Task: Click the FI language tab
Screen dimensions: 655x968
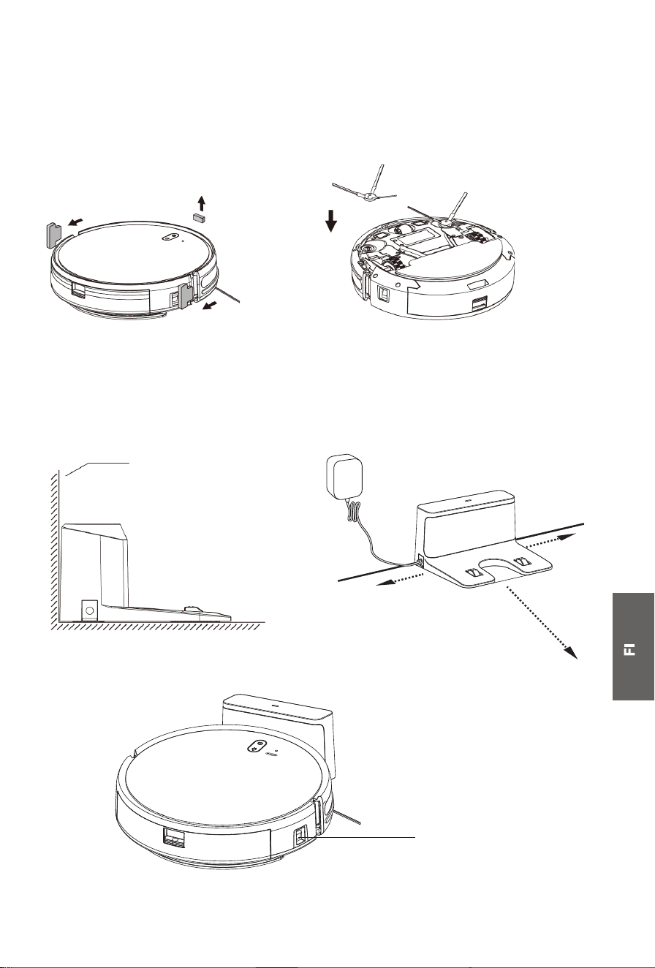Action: click(x=633, y=646)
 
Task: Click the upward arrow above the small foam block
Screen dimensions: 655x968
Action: click(x=201, y=203)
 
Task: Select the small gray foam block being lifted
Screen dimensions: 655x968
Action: click(x=199, y=216)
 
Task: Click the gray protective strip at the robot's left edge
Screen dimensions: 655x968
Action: click(x=53, y=235)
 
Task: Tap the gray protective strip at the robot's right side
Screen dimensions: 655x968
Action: click(x=187, y=295)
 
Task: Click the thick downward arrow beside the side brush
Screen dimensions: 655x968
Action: click(x=331, y=220)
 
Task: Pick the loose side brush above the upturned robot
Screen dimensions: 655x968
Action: click(x=366, y=190)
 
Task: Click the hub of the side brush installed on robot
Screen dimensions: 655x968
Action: click(x=444, y=224)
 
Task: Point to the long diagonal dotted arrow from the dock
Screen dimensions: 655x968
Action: click(x=542, y=621)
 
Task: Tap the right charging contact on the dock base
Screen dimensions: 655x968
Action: click(x=521, y=561)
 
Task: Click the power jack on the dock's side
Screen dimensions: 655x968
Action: click(x=420, y=559)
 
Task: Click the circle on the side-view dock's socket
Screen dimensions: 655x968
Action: click(x=90, y=610)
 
